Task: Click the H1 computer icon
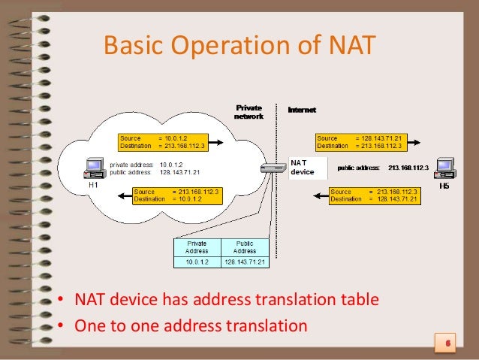click(x=93, y=168)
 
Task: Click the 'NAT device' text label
click(x=303, y=167)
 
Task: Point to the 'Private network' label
click(x=249, y=112)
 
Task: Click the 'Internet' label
click(x=302, y=110)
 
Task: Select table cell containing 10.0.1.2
click(x=197, y=263)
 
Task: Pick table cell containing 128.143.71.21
click(x=246, y=263)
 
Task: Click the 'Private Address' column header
click(x=197, y=247)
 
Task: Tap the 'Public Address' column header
click(x=246, y=247)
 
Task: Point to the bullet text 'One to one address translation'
click(x=191, y=326)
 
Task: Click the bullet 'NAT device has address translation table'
click(x=226, y=301)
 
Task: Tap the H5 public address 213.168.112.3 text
click(x=382, y=168)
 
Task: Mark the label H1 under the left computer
click(x=93, y=184)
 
